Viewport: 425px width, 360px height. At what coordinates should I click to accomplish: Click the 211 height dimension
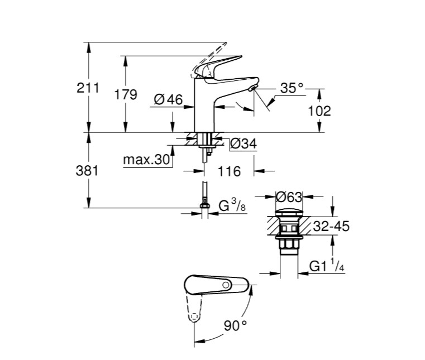pos(88,88)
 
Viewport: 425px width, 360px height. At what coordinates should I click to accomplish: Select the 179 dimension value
pos(126,95)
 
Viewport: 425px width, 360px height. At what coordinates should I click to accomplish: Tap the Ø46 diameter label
pos(168,100)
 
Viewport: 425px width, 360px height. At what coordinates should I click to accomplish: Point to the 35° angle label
pos(292,88)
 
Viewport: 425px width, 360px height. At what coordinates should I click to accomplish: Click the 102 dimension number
pos(319,111)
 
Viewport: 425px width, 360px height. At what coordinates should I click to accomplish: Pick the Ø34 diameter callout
pos(243,143)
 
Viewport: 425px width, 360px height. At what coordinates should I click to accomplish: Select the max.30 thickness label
pos(146,160)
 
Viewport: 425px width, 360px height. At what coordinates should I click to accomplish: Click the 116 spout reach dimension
pos(230,171)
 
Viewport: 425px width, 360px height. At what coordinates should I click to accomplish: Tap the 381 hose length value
pos(87,171)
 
